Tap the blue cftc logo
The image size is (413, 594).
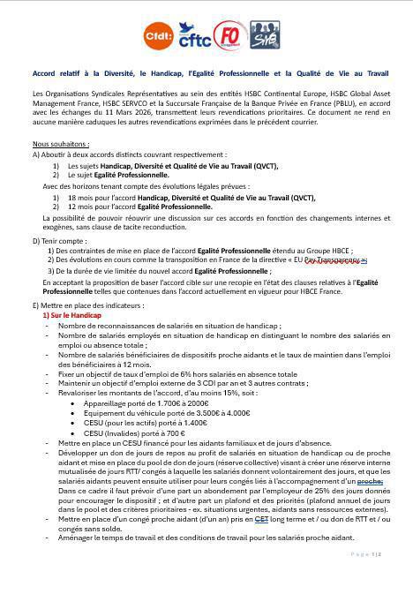pos(195,37)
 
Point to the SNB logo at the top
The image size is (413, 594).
pos(263,36)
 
